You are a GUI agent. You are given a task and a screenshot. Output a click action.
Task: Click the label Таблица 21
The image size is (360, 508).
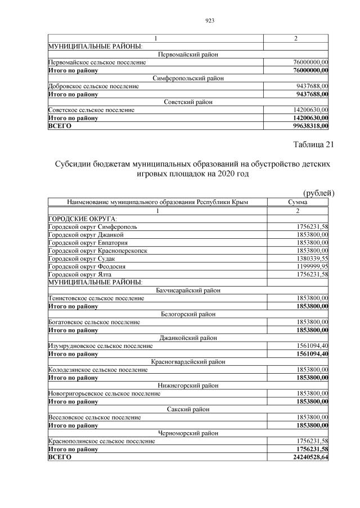(x=313, y=145)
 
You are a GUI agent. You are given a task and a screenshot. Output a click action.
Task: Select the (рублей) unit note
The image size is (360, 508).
(x=318, y=193)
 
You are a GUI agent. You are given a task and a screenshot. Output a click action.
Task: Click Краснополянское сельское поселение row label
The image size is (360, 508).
(x=101, y=441)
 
